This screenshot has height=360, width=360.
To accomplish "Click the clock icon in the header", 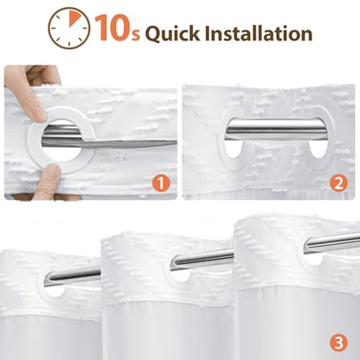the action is click(x=69, y=28).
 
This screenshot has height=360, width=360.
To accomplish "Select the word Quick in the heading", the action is click(x=172, y=33).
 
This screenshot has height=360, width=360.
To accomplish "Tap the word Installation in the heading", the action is click(x=259, y=33).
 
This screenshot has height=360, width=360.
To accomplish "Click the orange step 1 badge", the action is click(x=161, y=183).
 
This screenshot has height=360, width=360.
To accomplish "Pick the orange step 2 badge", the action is click(x=338, y=183).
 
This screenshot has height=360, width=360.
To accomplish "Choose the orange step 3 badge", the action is click(x=338, y=343).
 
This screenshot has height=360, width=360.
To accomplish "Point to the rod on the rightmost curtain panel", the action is click(x=331, y=243).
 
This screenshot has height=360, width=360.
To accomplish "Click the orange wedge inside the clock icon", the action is click(x=74, y=19).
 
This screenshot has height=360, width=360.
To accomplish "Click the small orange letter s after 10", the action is click(x=137, y=35).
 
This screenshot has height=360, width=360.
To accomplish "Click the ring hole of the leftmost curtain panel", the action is click(x=54, y=291).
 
